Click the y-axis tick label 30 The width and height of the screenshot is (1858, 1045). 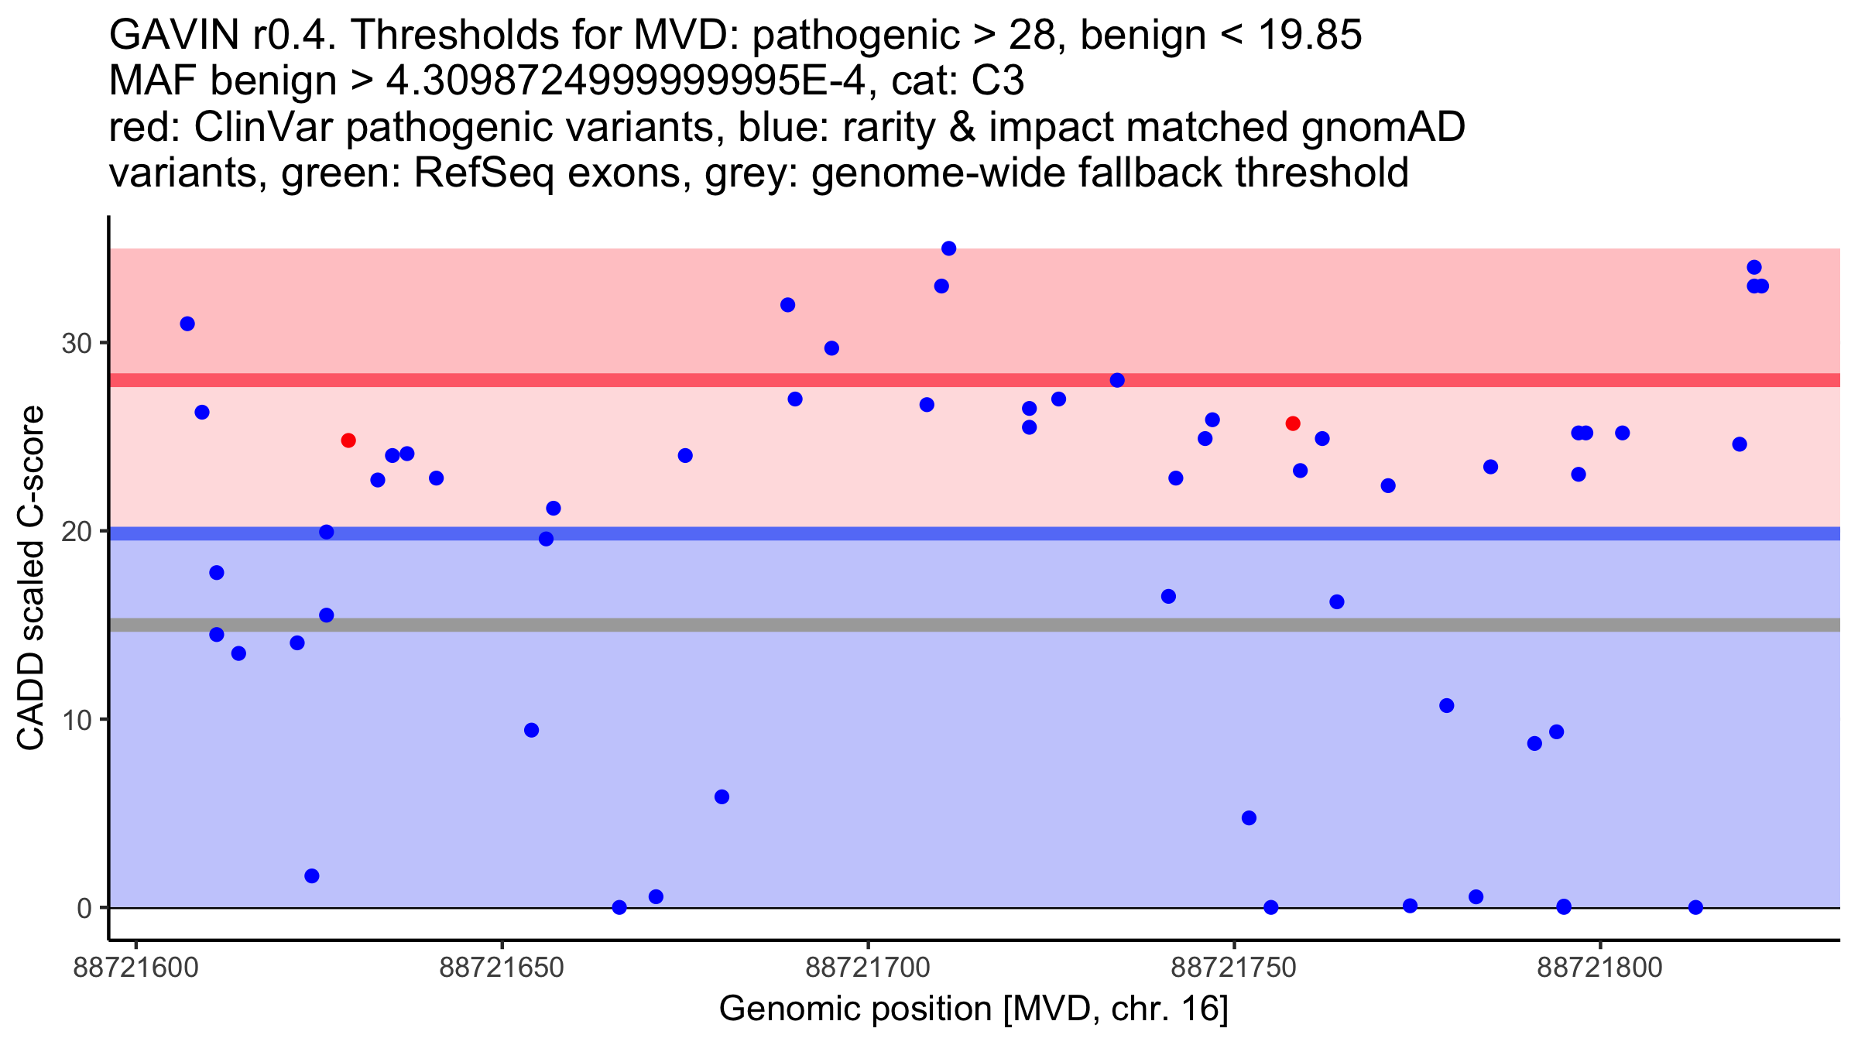76,343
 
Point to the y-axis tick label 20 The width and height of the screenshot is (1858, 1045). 76,532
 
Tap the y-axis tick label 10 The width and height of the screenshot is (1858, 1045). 76,720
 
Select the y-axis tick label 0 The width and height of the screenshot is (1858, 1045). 84,908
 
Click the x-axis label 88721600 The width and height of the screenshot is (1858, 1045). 135,968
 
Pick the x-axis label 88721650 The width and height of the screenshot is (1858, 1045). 502,968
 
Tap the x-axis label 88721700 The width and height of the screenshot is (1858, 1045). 868,968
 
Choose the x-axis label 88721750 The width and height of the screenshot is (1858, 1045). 1234,968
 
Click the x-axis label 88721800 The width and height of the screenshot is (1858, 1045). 1600,968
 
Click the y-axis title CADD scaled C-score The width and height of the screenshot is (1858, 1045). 31,579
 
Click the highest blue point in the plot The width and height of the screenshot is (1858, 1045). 948,248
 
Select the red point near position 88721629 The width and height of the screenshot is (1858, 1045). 348,440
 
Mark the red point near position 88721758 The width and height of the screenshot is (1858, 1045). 1293,423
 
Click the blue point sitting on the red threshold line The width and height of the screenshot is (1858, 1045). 1117,380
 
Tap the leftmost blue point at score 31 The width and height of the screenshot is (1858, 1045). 187,324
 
